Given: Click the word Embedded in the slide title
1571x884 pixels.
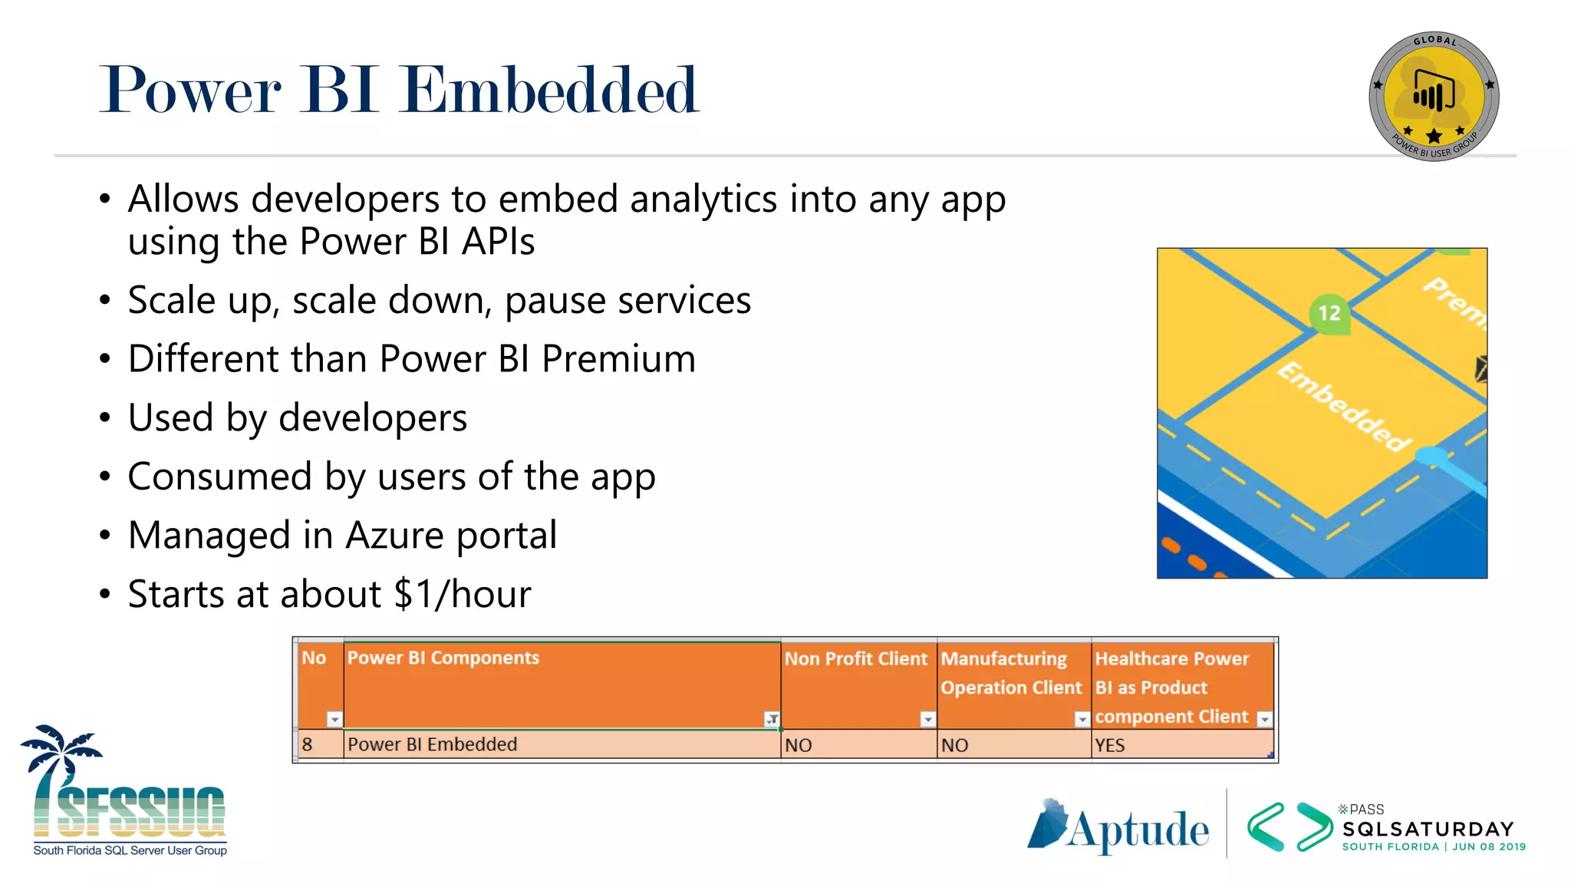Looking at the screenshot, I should [x=551, y=91].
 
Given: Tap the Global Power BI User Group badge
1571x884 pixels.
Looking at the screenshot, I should [x=1433, y=97].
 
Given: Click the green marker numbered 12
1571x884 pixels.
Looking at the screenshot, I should [x=1329, y=313].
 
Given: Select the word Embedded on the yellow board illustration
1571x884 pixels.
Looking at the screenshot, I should [x=1344, y=407].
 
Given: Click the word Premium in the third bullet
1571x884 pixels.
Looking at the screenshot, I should [x=618, y=359].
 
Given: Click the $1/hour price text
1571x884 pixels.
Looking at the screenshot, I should [x=462, y=595].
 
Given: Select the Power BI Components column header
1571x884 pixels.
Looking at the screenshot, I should [x=443, y=658].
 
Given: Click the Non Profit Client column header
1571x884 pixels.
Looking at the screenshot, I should [x=855, y=659].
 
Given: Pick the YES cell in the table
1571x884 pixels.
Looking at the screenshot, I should [x=1109, y=745].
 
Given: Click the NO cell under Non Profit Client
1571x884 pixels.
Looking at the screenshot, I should [x=798, y=745].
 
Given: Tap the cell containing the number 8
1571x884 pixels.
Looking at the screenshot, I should [x=308, y=744].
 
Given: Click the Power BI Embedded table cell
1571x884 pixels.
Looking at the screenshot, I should [x=432, y=744].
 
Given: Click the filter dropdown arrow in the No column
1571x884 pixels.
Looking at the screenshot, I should [x=334, y=719].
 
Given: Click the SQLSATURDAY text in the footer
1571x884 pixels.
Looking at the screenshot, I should [x=1428, y=830].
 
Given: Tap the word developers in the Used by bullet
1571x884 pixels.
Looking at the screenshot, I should [x=373, y=418].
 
